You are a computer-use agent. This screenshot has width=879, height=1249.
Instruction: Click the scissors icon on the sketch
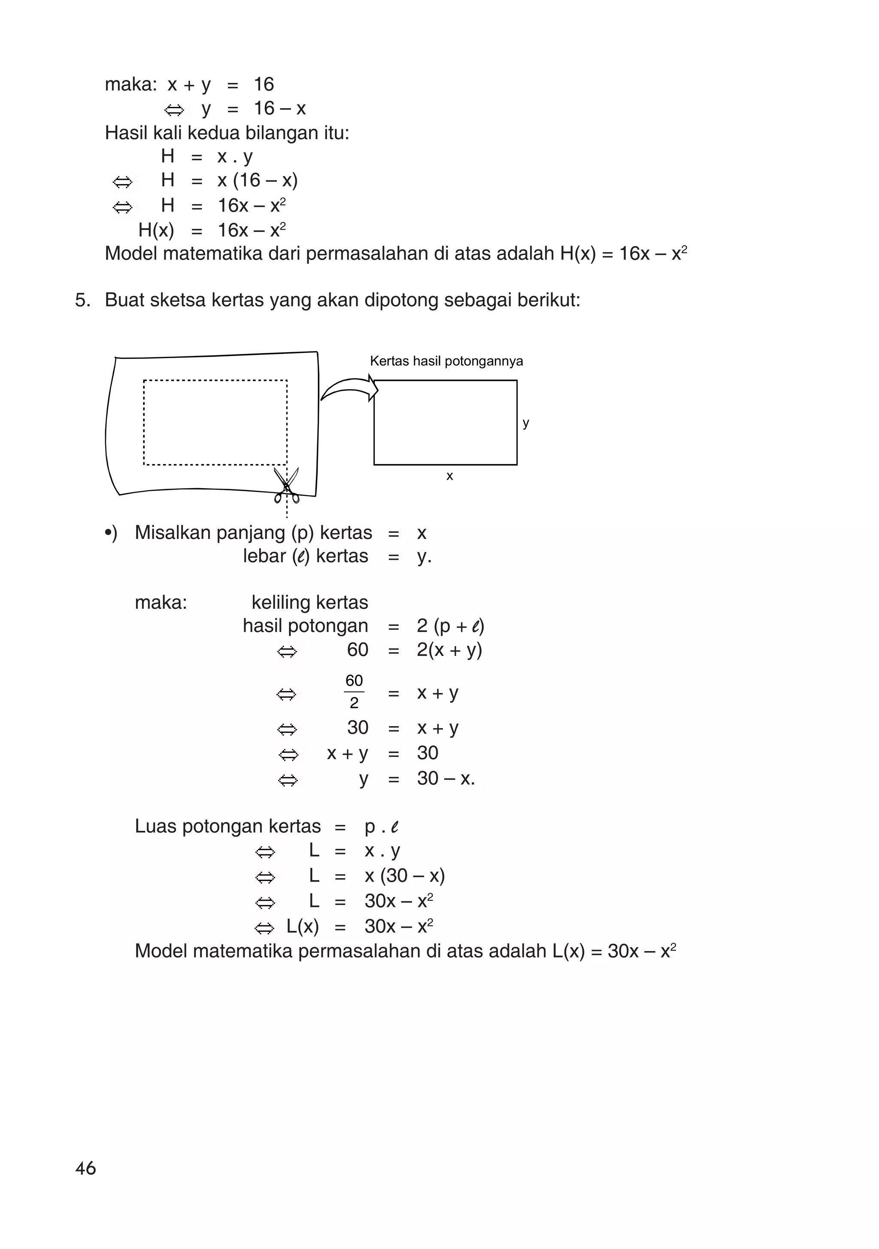click(x=286, y=485)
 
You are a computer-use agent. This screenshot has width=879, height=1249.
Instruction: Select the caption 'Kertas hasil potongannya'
click(x=446, y=361)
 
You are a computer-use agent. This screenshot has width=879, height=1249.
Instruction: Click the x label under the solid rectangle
click(x=449, y=476)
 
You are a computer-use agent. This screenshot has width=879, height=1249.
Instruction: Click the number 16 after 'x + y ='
click(x=264, y=84)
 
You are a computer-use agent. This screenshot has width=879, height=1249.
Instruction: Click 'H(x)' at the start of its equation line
click(x=156, y=231)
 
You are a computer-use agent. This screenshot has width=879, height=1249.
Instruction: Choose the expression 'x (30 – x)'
click(x=405, y=875)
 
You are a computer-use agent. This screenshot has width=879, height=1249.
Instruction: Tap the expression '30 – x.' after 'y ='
click(x=446, y=778)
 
